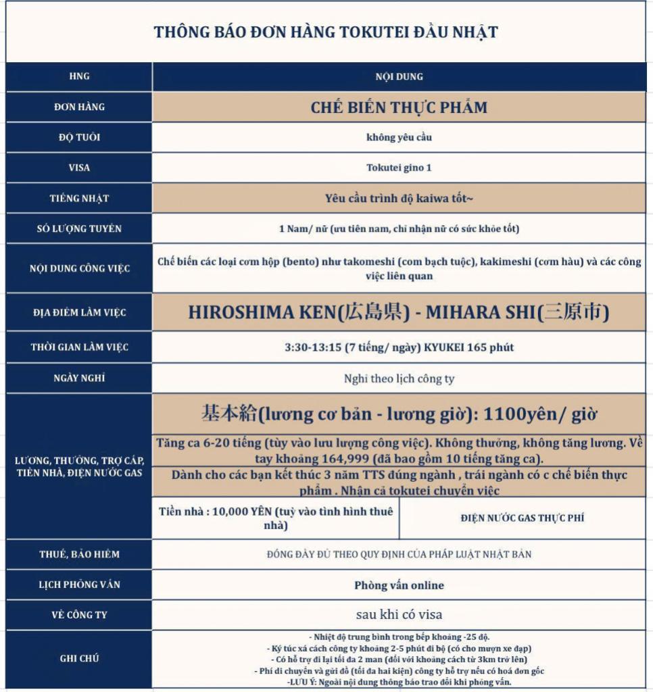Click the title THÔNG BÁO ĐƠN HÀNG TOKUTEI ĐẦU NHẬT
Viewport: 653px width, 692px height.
click(x=326, y=32)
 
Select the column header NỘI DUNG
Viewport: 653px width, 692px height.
click(x=399, y=76)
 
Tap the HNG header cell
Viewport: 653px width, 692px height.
click(x=79, y=76)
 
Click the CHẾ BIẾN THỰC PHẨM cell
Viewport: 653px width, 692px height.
click(x=399, y=107)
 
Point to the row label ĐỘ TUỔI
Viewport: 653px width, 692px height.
click(x=79, y=137)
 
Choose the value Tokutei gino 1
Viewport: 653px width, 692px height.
click(x=399, y=168)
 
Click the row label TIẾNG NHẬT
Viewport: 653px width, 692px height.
click(x=79, y=198)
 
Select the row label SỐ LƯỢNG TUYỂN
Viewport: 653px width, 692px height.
click(x=79, y=228)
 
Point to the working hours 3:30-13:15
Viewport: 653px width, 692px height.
click(x=313, y=347)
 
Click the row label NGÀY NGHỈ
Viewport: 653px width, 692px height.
click(x=79, y=378)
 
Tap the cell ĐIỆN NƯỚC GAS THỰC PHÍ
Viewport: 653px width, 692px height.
click(x=523, y=518)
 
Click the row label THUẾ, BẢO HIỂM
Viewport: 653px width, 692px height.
click(x=79, y=554)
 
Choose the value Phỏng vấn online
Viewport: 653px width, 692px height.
click(x=399, y=585)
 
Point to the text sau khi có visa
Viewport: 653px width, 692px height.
click(x=399, y=615)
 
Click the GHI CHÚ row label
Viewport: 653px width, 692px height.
click(x=79, y=658)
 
